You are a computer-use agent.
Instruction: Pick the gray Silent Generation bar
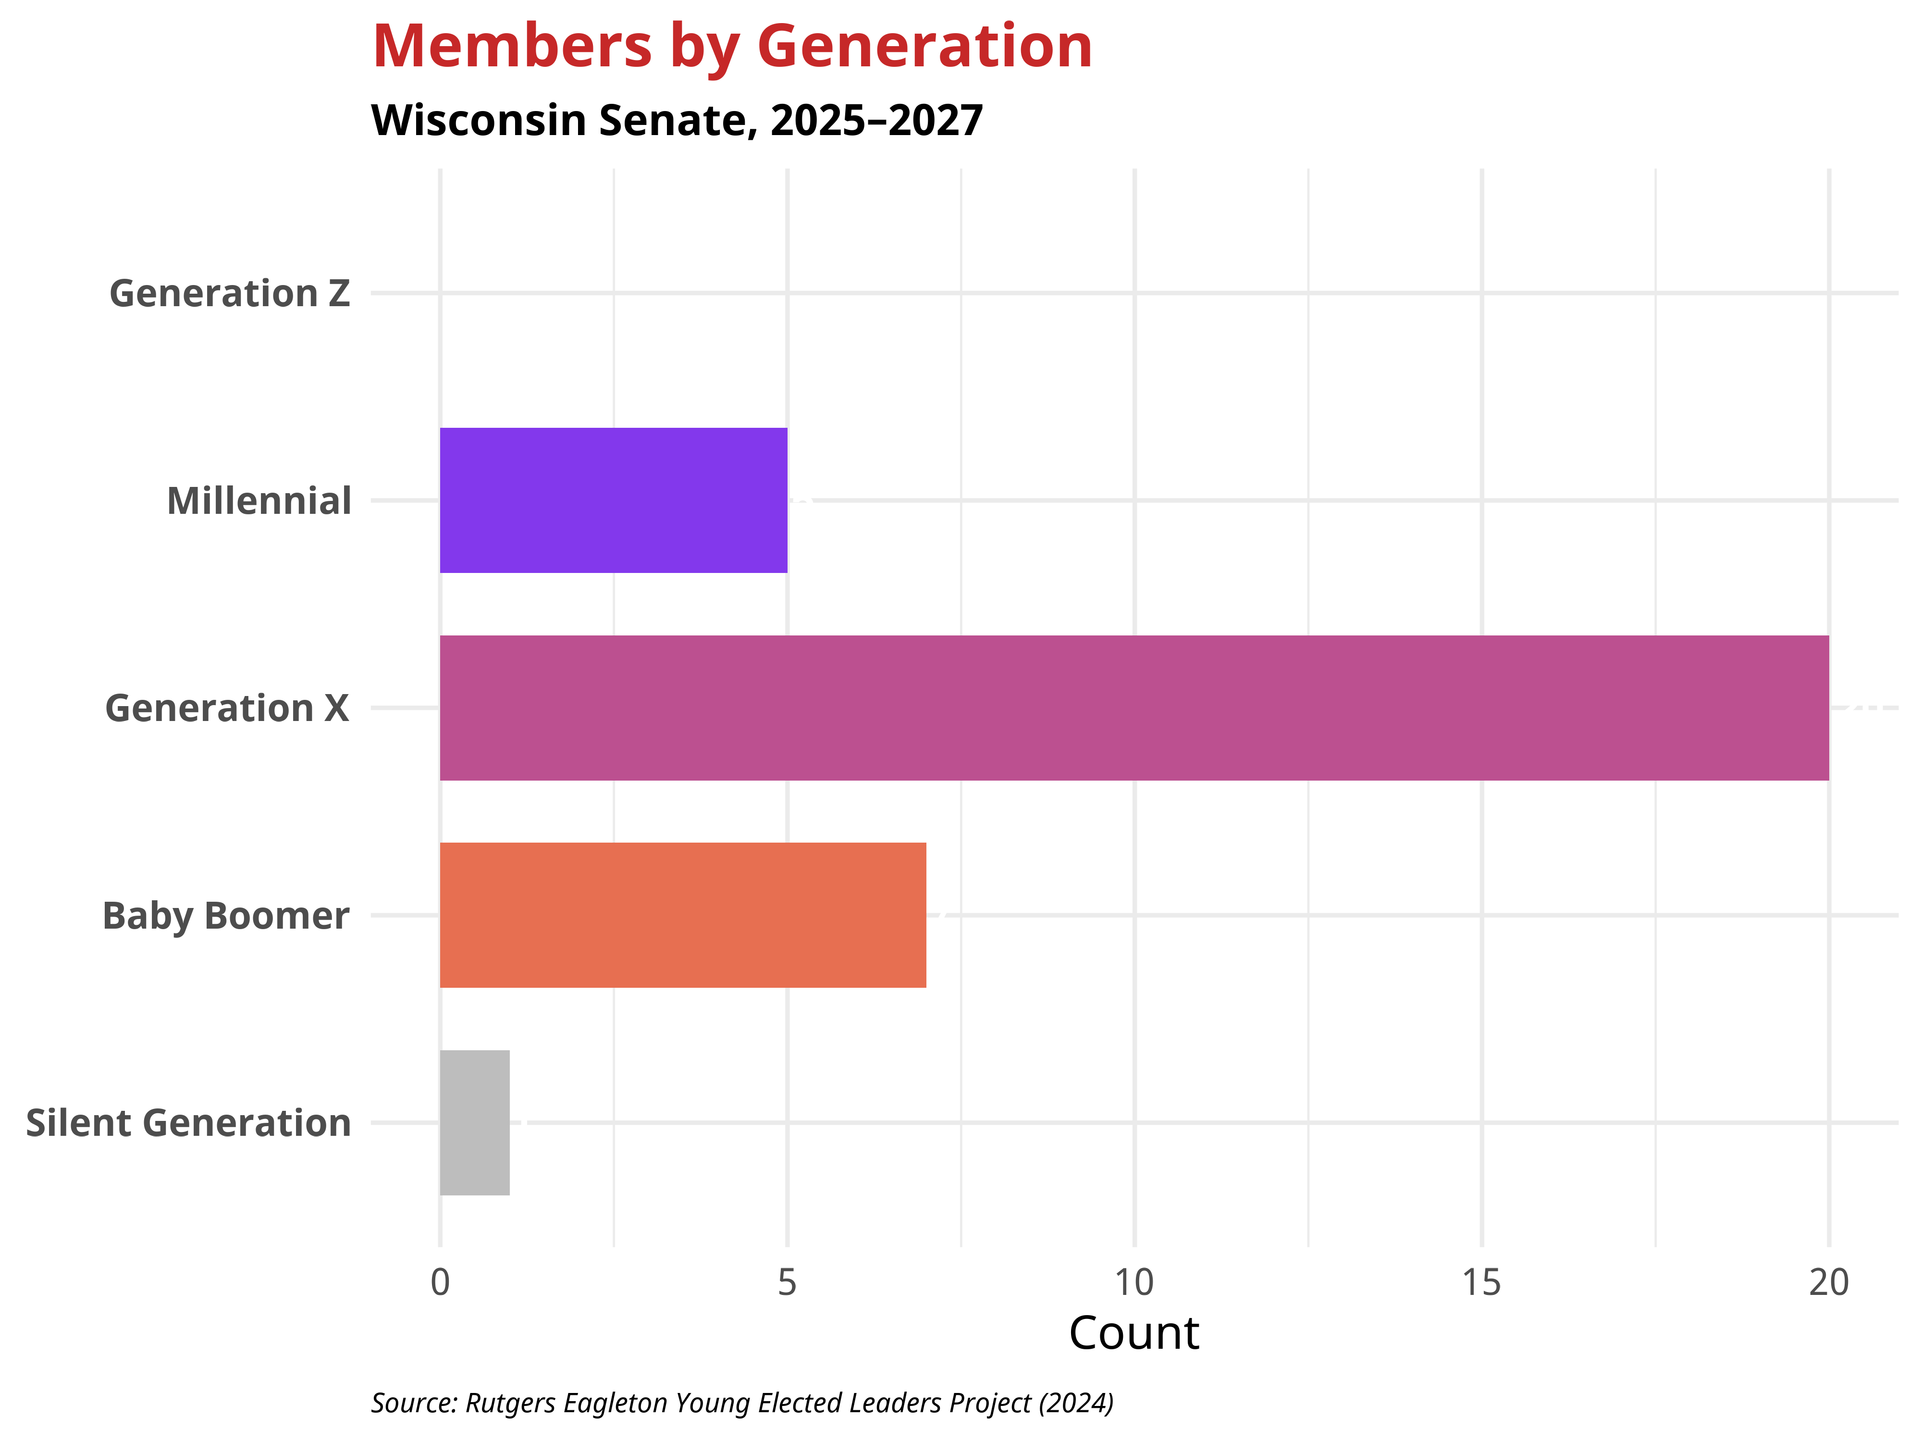[474, 1122]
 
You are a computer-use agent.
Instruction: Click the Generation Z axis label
[229, 294]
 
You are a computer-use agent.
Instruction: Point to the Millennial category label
[259, 501]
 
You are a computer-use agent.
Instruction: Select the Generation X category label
[227, 709]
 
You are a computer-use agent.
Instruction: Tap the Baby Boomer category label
[226, 916]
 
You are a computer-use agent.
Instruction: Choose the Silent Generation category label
[188, 1123]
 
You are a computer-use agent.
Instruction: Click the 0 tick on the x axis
[441, 1282]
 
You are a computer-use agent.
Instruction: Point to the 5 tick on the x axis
[787, 1282]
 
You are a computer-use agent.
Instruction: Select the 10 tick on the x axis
[1134, 1282]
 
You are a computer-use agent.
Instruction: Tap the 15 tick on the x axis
[1481, 1282]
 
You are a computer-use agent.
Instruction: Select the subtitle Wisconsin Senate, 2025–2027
[677, 120]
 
